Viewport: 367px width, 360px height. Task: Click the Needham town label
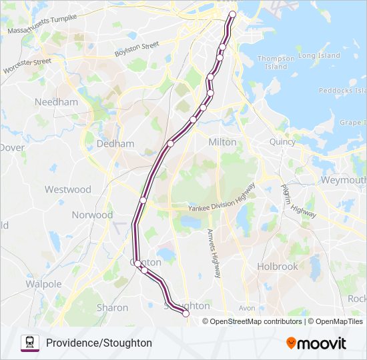pos(61,102)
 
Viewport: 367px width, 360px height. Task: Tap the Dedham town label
pos(115,143)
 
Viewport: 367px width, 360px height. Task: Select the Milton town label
pos(222,142)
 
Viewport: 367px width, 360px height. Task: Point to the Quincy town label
pos(282,141)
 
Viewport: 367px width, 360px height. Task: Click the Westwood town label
pos(67,189)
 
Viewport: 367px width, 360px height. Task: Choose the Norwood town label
pos(92,215)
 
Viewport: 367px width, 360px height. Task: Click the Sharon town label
pos(112,307)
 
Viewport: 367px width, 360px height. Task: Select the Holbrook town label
pos(278,266)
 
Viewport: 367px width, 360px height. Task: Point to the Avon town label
pos(247,308)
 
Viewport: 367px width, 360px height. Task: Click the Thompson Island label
pos(276,62)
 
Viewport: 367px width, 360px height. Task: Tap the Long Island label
pos(319,56)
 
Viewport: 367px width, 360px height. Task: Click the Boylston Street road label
pos(136,49)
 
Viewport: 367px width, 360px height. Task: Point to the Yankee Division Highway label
pos(221,199)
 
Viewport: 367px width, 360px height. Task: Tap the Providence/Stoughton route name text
pos(99,343)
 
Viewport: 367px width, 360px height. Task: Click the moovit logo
pos(316,343)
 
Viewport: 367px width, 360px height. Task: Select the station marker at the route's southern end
pos(186,313)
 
